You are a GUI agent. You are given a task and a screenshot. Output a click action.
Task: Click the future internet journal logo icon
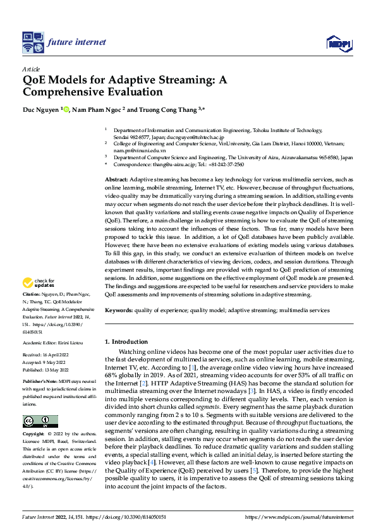coord(32,42)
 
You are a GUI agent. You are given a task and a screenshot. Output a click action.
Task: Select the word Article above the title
coord(31,68)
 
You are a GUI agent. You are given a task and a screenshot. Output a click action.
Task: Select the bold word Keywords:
coord(119,310)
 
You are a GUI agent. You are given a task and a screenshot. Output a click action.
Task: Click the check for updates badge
coord(40,283)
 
